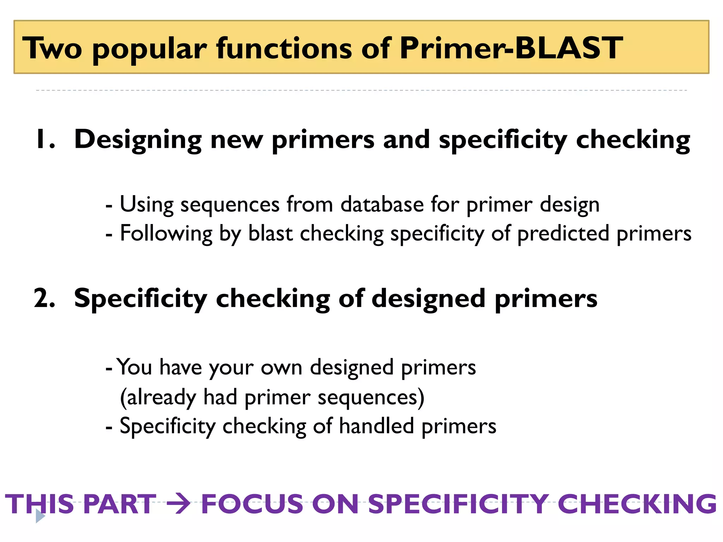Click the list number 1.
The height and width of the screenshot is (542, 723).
tap(45, 139)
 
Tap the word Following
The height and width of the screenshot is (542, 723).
tap(166, 234)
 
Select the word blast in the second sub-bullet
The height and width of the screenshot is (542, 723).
tap(270, 233)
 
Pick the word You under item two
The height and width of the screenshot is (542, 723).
tap(134, 367)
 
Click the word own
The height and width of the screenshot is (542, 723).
tap(281, 368)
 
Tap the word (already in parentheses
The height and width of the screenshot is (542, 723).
tap(158, 398)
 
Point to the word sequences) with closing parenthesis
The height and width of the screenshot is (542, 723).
tap(371, 398)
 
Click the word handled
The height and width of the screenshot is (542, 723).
tap(376, 426)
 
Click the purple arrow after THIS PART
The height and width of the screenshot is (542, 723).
tap(178, 504)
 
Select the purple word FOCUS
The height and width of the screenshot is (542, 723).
tap(252, 504)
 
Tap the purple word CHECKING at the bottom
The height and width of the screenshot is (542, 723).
tap(637, 504)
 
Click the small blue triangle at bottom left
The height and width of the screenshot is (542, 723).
tap(40, 517)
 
